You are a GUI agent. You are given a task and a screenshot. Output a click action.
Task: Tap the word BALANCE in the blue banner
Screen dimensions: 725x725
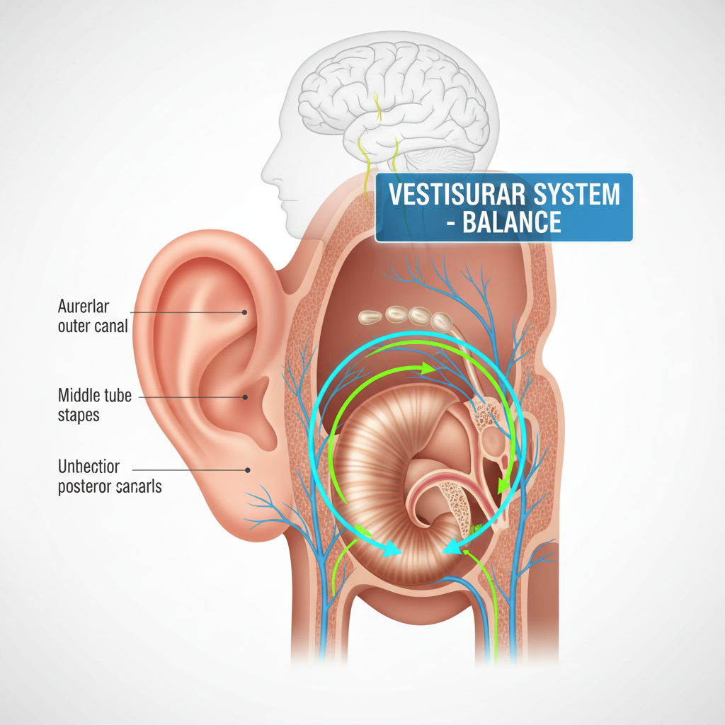coord(511,222)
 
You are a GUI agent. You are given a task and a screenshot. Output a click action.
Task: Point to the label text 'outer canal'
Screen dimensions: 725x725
coord(93,326)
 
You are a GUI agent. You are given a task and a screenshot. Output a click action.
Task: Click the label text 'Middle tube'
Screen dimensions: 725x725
coord(95,395)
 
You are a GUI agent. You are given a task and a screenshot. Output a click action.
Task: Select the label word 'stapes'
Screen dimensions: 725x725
coord(79,414)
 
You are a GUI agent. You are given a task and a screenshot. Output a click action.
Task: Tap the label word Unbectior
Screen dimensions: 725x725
coord(89,467)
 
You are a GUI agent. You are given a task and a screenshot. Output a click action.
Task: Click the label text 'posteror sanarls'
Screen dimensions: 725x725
coord(110,486)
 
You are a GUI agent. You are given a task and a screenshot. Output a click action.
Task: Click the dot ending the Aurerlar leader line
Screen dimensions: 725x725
coord(245,312)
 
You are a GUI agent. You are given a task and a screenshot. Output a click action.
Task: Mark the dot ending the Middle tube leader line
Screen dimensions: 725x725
coord(245,398)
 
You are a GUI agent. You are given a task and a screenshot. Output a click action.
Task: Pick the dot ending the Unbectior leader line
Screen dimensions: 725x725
coord(248,469)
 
